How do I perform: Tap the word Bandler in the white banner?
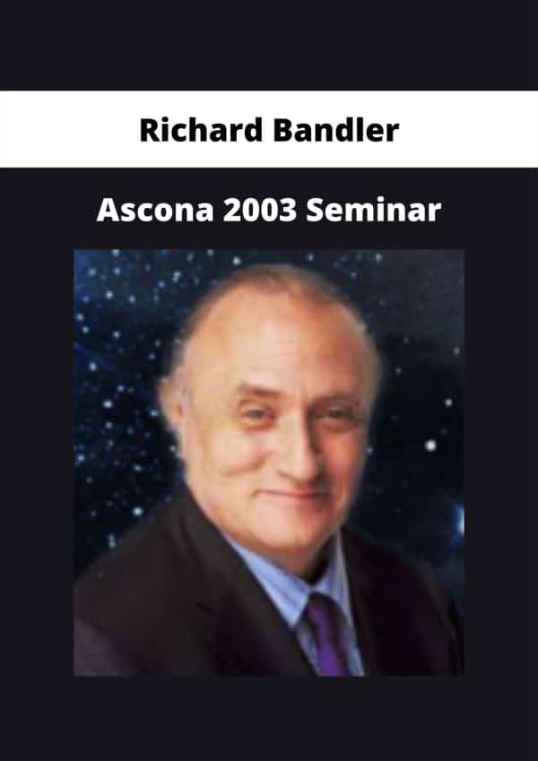tap(336, 130)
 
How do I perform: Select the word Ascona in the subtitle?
tap(155, 210)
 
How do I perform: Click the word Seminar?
tap(373, 210)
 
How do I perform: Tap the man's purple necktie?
tap(328, 634)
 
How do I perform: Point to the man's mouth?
tap(296, 495)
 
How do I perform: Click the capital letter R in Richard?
tap(148, 131)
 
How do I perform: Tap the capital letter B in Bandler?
tap(282, 131)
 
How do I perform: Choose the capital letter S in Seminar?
tap(315, 211)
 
